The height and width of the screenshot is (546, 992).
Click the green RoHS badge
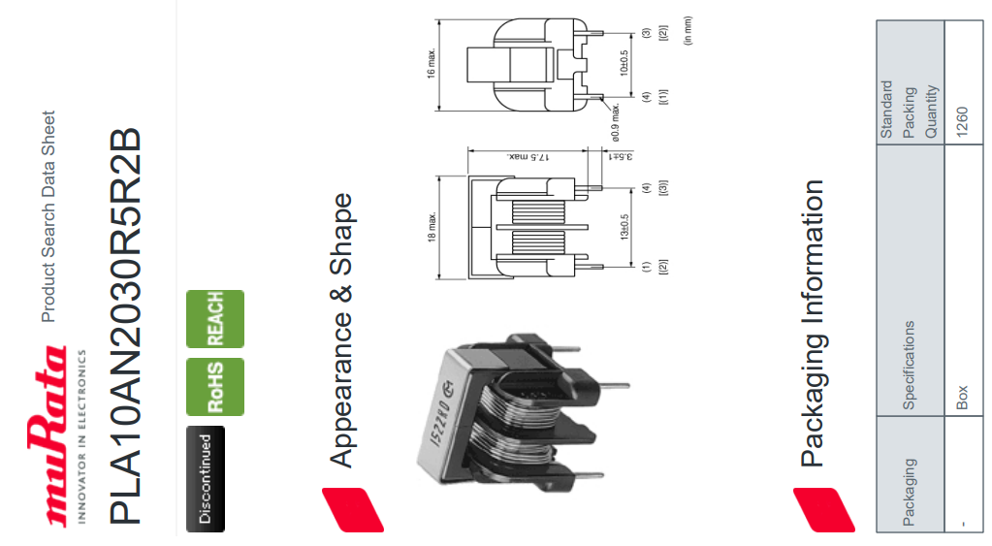[x=214, y=387]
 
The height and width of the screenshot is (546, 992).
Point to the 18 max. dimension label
[x=432, y=228]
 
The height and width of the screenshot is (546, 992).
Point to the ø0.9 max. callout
[x=615, y=117]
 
